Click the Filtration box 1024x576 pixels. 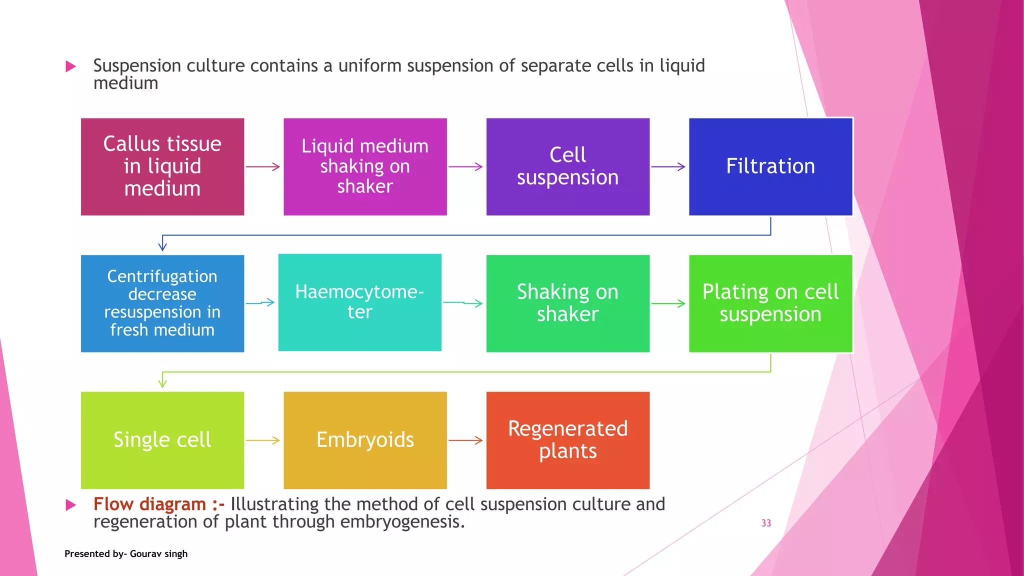770,166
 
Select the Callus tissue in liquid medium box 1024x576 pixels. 162,166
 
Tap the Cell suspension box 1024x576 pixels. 567,166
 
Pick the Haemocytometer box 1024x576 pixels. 359,302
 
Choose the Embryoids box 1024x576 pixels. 365,440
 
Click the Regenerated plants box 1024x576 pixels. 567,440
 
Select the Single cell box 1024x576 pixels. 162,440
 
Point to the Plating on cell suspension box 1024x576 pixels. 770,303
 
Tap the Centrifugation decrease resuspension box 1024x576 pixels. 162,303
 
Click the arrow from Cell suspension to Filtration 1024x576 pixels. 668,166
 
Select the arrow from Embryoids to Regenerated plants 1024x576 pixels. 465,440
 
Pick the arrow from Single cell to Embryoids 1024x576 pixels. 263,440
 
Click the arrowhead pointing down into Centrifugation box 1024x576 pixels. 162,246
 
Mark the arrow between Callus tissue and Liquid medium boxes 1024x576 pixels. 263,166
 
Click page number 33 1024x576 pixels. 766,523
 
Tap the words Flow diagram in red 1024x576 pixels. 149,504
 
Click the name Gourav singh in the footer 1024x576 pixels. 158,553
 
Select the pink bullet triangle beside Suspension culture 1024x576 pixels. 71,66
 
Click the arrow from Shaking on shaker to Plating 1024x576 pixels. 668,303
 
